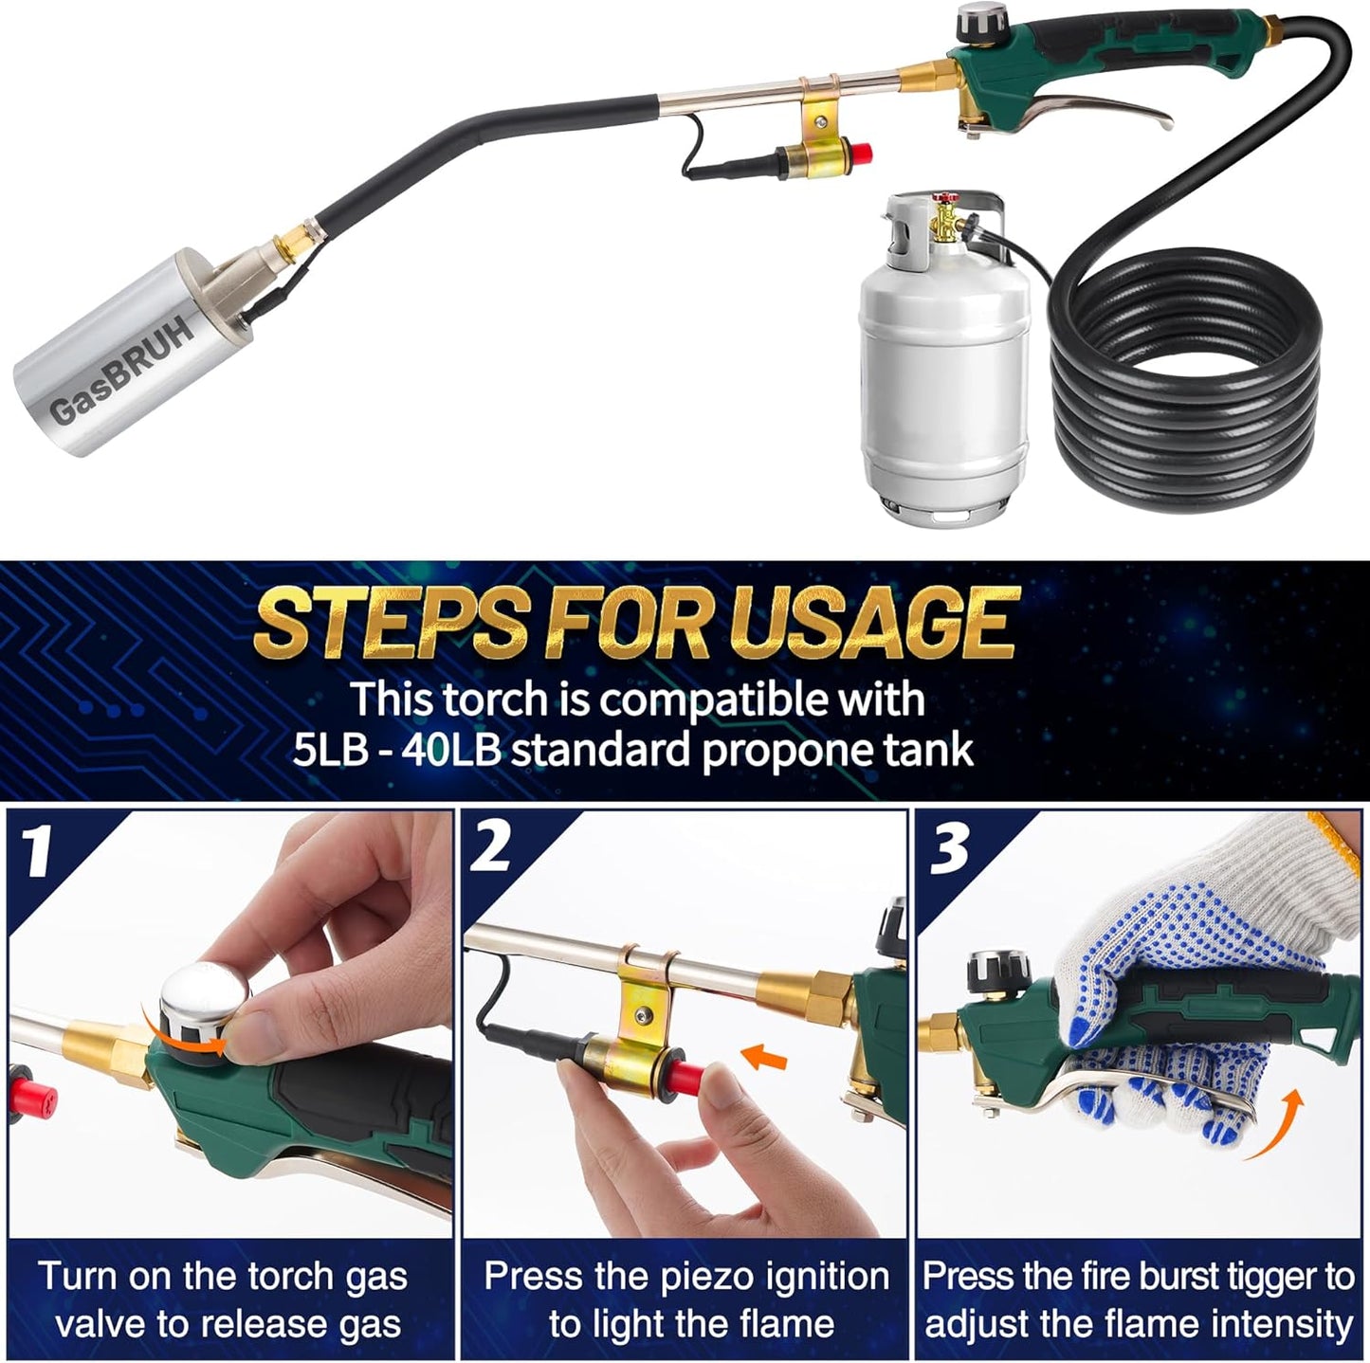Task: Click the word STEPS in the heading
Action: [x=389, y=623]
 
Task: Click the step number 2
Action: [x=491, y=845]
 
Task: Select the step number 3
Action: [x=949, y=849]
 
